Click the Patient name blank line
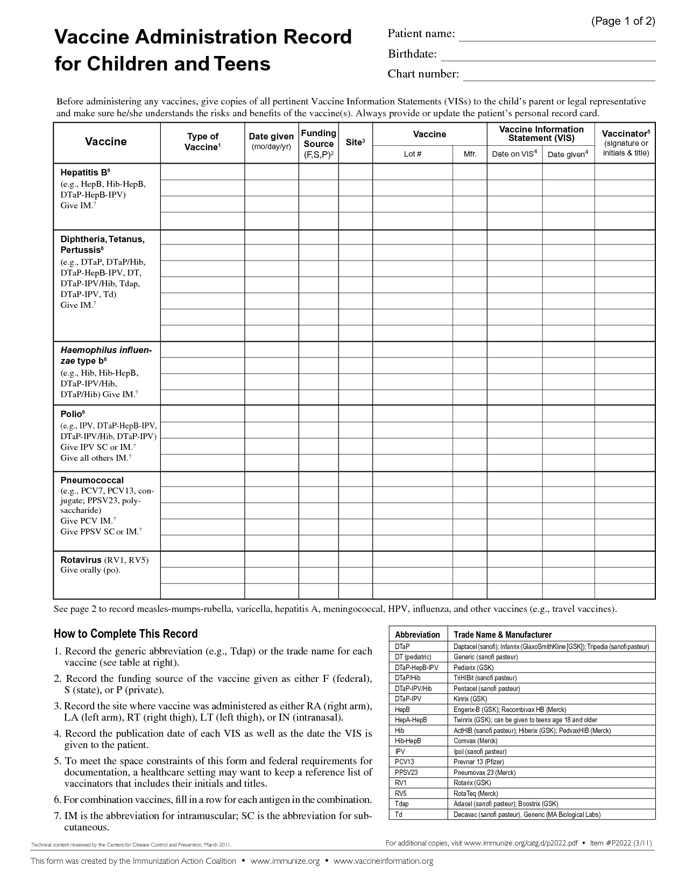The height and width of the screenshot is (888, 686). pos(557,36)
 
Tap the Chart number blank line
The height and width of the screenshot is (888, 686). pos(559,75)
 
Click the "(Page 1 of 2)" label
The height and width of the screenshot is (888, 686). pos(623,22)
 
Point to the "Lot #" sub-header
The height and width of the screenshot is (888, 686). pos(412,154)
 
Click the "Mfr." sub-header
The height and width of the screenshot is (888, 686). pos(470,154)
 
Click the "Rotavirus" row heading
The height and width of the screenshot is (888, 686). pos(81,560)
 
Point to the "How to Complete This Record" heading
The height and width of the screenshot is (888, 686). pos(126,633)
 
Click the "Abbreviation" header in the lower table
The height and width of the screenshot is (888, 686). pos(417,635)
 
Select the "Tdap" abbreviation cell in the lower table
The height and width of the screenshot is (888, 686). pos(402,804)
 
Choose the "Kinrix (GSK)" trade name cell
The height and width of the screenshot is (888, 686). pos(470,699)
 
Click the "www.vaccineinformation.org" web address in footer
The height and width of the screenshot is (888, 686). pos(383,861)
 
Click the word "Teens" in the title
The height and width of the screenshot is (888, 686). pos(243,64)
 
